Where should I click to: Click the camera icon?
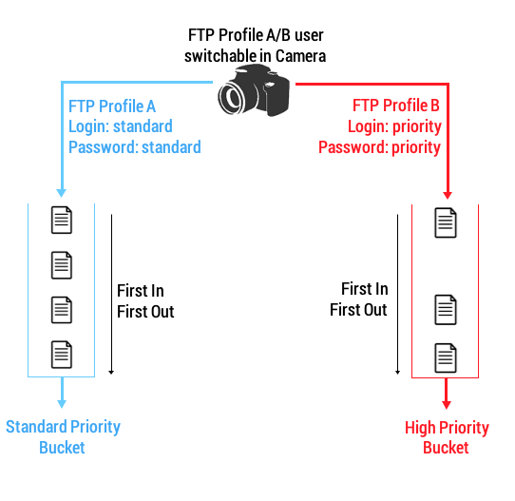coord(254,90)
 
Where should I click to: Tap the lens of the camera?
coord(232,98)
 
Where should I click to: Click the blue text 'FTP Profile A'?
coord(112,106)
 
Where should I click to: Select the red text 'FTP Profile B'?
coord(396,106)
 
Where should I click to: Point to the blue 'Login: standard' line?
coord(121,126)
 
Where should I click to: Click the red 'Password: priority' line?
coord(379,147)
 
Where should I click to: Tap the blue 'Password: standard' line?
coord(135,146)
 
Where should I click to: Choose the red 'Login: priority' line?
coord(394,126)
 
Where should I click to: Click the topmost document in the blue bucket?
coord(62,220)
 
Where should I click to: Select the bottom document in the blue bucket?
coord(62,355)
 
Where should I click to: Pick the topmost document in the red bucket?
coord(446,222)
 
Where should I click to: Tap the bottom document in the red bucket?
coord(446,357)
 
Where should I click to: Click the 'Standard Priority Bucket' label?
coord(63,437)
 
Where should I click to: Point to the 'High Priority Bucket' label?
coord(447,437)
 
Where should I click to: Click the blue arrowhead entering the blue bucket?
coord(62,193)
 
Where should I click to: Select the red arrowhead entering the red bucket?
coord(448,195)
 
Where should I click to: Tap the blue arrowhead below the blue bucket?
coord(62,404)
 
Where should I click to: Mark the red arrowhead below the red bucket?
coord(446,405)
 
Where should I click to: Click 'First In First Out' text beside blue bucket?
coord(145,301)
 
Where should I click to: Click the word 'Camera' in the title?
coord(300,56)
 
